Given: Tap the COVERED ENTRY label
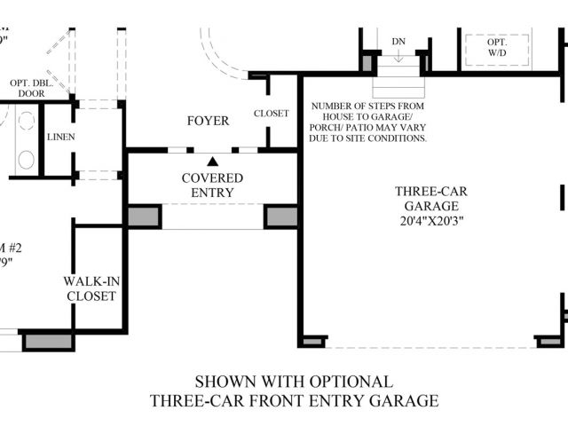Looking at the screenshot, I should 213,185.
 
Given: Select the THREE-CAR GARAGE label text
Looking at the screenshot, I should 430,197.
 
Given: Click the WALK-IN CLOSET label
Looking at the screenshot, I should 91,288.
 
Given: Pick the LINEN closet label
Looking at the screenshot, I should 60,137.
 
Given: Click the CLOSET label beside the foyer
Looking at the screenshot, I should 271,114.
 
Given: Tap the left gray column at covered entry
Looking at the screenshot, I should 144,217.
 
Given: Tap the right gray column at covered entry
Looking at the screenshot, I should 281,217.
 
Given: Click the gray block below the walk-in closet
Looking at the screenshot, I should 47,340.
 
